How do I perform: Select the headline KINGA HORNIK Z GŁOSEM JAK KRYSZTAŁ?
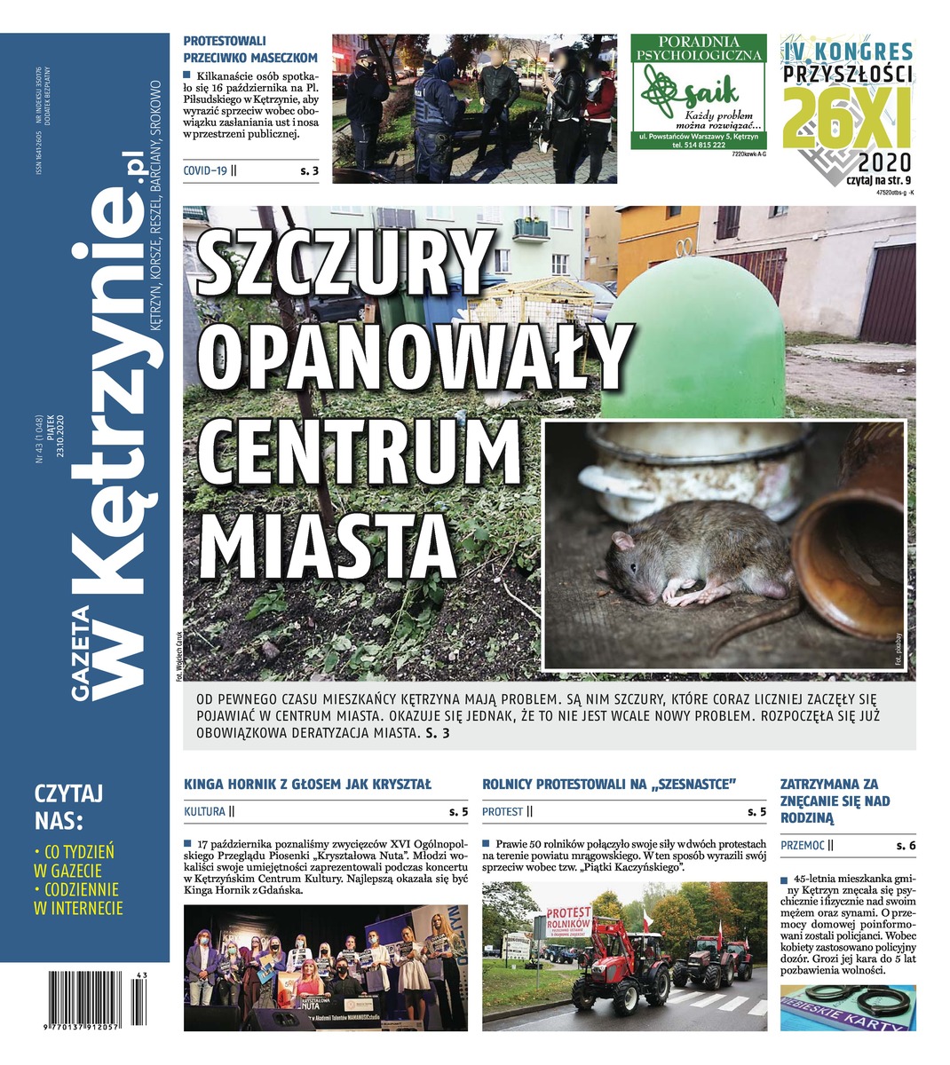coord(307,785)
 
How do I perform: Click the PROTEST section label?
coord(503,811)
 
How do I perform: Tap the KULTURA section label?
coord(204,811)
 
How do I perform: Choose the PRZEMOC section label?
coord(803,846)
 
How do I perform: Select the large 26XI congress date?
coord(846,118)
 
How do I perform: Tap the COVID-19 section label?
coord(205,170)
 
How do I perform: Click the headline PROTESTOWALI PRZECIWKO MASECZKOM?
coord(249,49)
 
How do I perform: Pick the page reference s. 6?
coord(906,846)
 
